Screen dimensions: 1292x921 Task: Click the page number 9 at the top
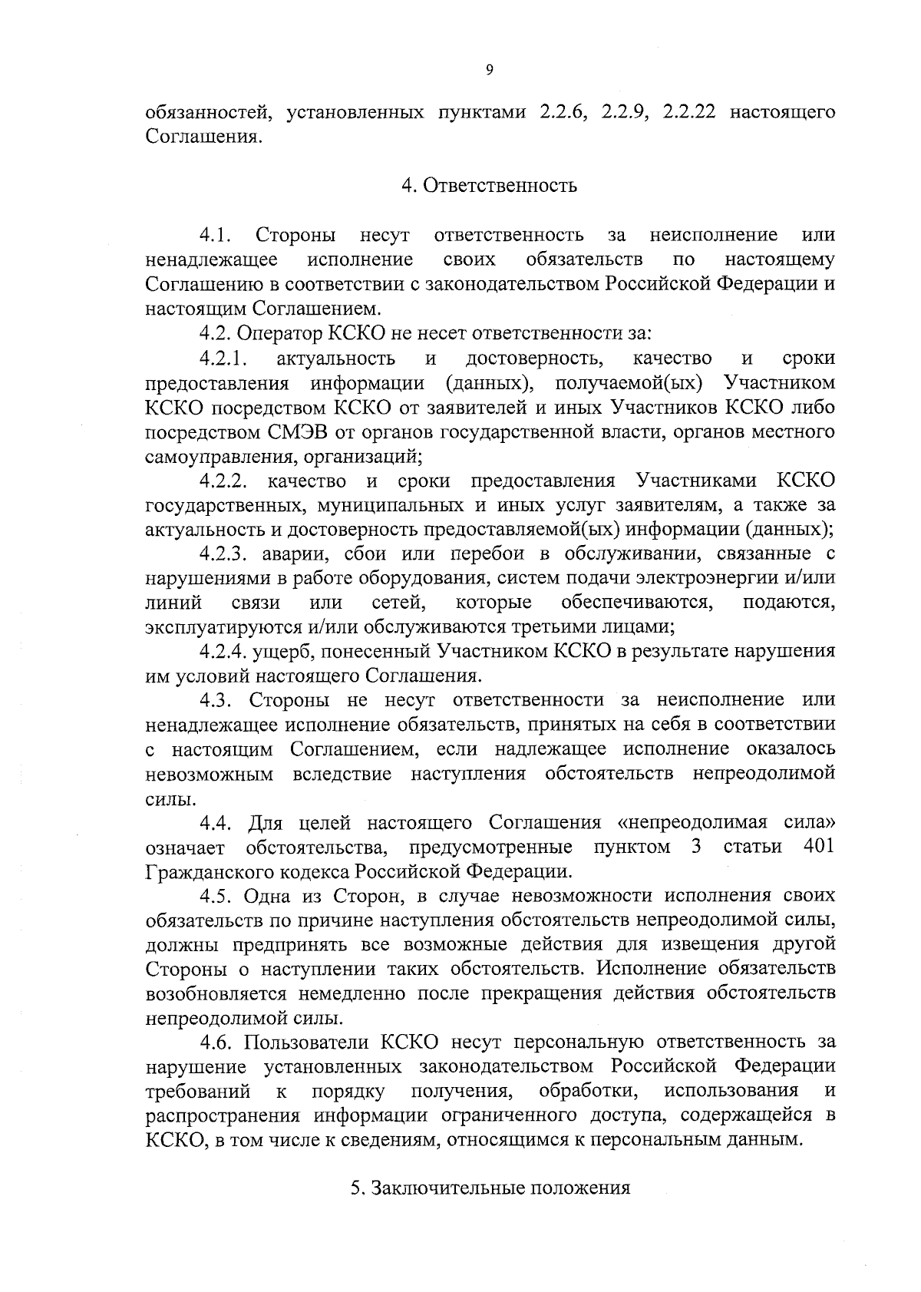point(490,69)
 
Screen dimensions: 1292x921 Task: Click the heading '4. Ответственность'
point(489,186)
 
